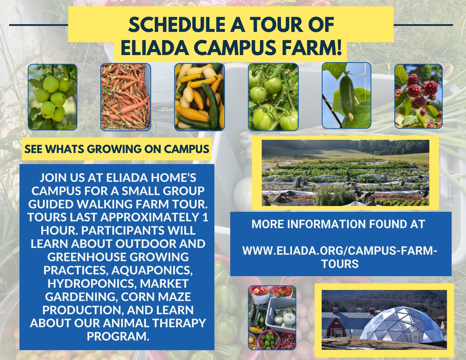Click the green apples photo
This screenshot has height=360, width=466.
point(52,97)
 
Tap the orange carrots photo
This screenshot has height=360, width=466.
point(125,97)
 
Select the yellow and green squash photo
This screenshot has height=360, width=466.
point(199,97)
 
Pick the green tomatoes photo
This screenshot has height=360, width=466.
point(273,97)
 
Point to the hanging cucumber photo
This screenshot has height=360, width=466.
point(346,96)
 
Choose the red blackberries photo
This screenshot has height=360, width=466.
point(418,96)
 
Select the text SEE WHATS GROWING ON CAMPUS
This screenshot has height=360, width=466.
point(116,148)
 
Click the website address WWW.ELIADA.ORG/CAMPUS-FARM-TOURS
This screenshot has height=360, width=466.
point(339,257)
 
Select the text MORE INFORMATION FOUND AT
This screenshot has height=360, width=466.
point(338,224)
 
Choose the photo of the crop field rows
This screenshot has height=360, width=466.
point(345,173)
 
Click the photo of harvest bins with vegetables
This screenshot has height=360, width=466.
point(272,318)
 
